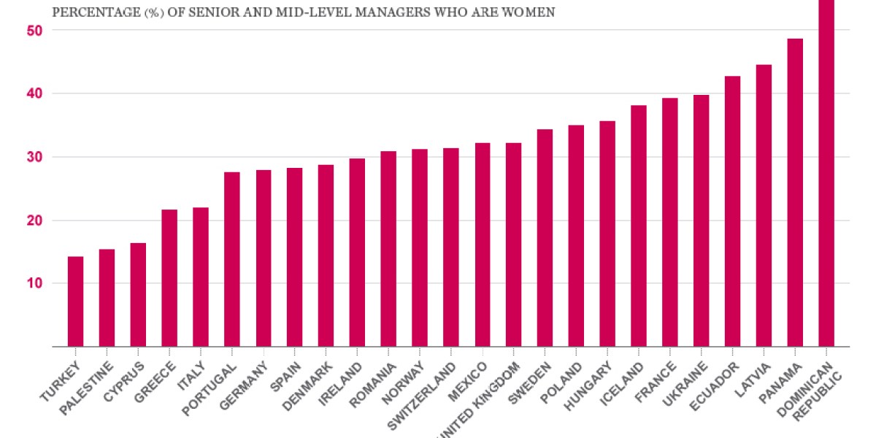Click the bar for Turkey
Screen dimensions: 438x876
click(75, 301)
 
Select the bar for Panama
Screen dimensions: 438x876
click(795, 193)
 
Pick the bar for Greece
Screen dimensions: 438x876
click(169, 278)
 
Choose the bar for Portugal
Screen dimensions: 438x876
click(232, 259)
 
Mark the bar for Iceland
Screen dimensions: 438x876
click(639, 226)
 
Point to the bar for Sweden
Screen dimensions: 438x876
click(545, 238)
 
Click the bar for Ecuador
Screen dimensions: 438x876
click(732, 211)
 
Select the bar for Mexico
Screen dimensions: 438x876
click(483, 245)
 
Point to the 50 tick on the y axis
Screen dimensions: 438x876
click(36, 31)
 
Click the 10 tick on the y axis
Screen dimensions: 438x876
click(36, 283)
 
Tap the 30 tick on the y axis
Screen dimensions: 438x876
click(36, 157)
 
